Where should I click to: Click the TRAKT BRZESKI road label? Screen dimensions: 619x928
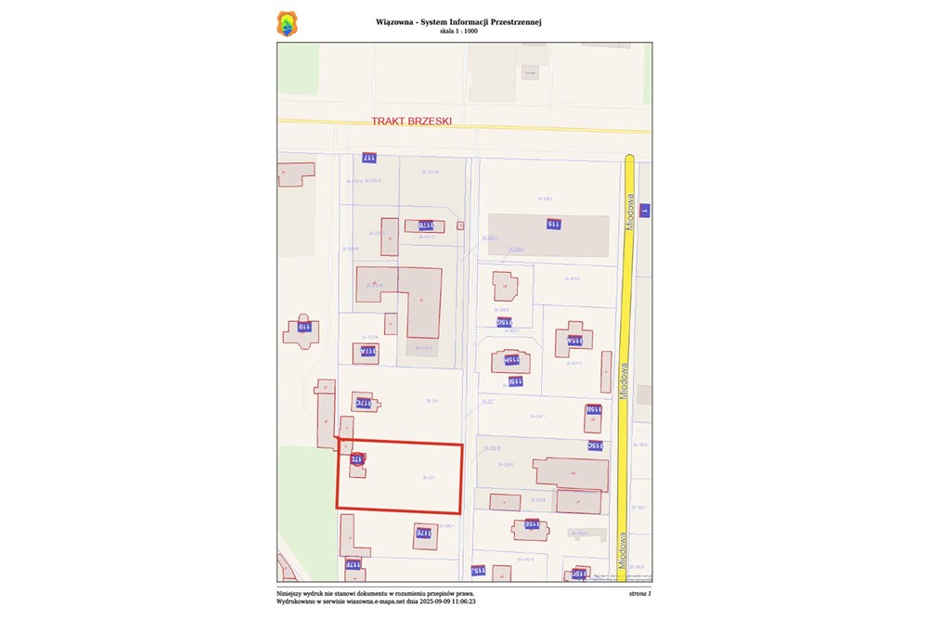[x=411, y=121]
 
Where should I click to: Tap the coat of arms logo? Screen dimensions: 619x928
[x=289, y=24]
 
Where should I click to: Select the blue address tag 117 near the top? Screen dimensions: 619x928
[x=368, y=158]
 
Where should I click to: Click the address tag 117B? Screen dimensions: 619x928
[x=425, y=226]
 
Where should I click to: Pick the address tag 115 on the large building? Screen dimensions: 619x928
[x=552, y=224]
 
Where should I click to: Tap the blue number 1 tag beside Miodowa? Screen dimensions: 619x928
[x=644, y=211]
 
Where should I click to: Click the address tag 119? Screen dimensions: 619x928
[x=303, y=326]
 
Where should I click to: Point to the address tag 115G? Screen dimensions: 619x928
[x=507, y=322]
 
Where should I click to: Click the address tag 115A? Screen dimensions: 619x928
[x=575, y=341]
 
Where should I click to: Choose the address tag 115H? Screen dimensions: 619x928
[x=510, y=359]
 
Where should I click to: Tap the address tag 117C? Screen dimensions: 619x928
[x=363, y=404]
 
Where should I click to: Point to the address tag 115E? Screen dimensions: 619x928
[x=532, y=523]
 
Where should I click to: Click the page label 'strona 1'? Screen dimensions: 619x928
[x=639, y=592]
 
